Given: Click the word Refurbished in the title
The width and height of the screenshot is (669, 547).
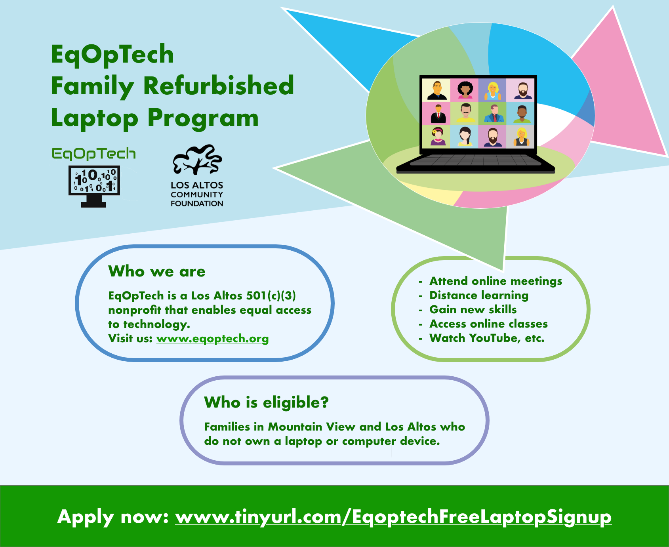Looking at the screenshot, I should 219,86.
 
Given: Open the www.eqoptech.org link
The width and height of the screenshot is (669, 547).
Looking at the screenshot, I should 212,339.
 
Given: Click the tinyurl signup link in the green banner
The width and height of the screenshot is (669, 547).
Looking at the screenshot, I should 393,517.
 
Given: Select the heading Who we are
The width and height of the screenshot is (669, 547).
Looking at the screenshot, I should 157,272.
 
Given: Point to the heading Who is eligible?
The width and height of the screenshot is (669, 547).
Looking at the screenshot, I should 266,402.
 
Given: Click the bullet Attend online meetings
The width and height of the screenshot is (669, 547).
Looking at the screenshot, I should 496,281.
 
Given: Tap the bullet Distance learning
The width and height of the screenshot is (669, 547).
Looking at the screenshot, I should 479,295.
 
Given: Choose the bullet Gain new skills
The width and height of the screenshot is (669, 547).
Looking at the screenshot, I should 473,310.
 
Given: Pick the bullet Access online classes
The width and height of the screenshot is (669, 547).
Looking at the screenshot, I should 488,324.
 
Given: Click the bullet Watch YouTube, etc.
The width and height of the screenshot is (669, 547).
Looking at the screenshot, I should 487,338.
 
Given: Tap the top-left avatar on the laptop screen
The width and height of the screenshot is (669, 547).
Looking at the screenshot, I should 436,90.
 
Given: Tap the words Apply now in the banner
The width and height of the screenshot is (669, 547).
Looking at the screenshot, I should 113,517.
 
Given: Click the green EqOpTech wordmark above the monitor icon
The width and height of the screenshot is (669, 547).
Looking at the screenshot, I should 94,154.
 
